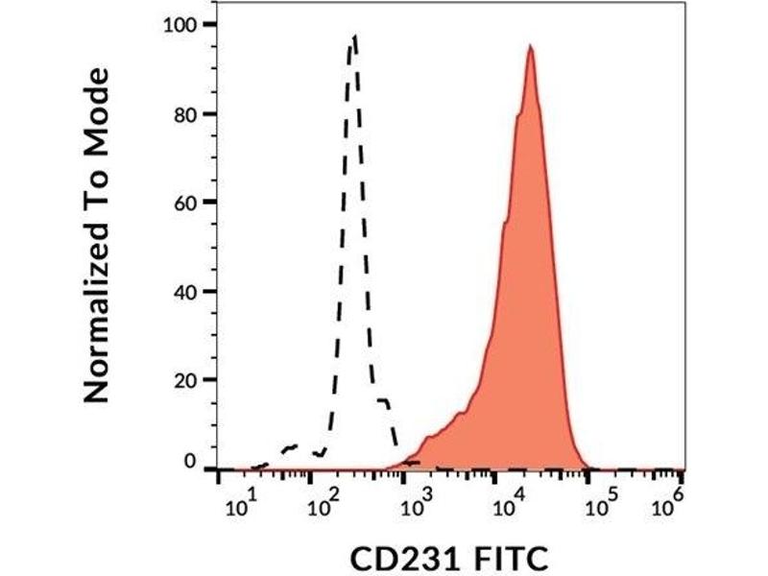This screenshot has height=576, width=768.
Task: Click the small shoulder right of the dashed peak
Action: (x=384, y=400)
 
